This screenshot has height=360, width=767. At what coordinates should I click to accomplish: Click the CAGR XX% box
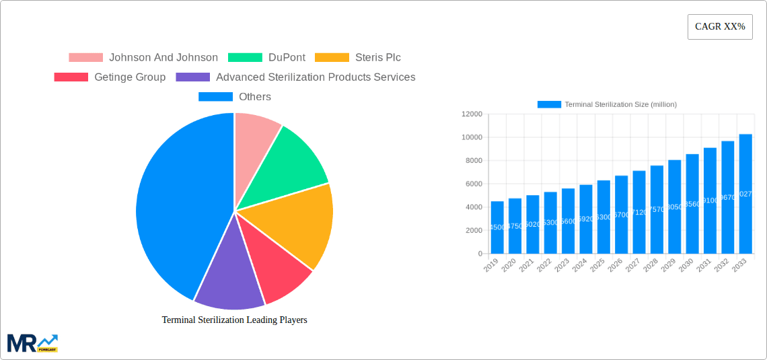[x=719, y=27]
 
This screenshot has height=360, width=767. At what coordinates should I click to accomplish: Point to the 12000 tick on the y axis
[x=472, y=114]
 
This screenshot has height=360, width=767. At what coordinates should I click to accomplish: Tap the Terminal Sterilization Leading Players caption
[x=234, y=320]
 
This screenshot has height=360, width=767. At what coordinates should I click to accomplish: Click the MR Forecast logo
[x=32, y=343]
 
